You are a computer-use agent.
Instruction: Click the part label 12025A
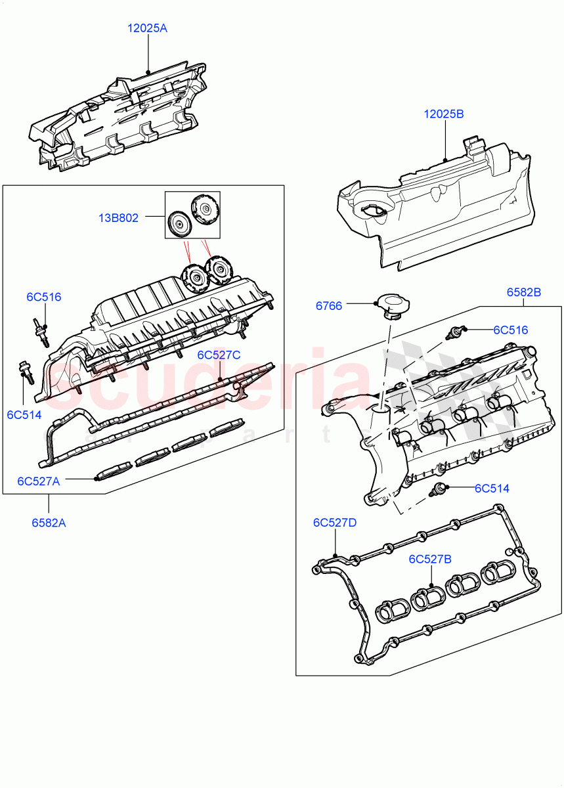pyautogui.click(x=148, y=28)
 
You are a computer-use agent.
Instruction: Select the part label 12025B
pyautogui.click(x=444, y=114)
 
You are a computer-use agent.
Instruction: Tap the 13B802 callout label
pyautogui.click(x=118, y=218)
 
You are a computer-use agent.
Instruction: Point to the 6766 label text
pyautogui.click(x=328, y=306)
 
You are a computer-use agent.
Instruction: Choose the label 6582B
pyautogui.click(x=523, y=292)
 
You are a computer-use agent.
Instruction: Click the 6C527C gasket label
pyautogui.click(x=219, y=355)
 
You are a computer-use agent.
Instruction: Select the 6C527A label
pyautogui.click(x=39, y=481)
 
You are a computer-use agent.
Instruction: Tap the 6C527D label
pyautogui.click(x=335, y=523)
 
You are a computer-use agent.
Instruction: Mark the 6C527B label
pyautogui.click(x=431, y=559)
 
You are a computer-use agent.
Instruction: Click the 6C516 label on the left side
pyautogui.click(x=44, y=297)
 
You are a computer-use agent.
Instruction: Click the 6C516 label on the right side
pyautogui.click(x=510, y=330)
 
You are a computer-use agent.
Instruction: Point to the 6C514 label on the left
pyautogui.click(x=24, y=414)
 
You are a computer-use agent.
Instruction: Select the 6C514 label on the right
pyautogui.click(x=492, y=488)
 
